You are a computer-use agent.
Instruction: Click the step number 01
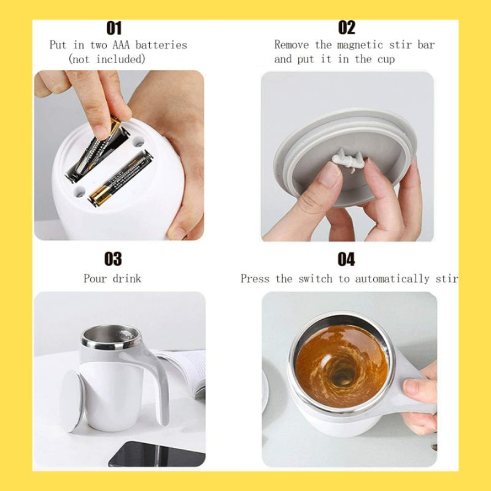114,28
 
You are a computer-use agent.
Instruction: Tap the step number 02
347,28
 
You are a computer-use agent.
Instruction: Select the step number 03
113,259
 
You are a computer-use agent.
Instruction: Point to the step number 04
346,259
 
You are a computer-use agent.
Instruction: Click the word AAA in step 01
121,45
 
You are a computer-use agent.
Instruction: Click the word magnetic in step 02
360,45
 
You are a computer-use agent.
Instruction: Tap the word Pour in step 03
95,279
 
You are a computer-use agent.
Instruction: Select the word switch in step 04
315,279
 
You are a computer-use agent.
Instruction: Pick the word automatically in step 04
392,279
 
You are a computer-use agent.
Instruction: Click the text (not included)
107,59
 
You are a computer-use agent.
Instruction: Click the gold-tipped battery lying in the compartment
120,179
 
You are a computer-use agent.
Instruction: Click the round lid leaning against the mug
72,401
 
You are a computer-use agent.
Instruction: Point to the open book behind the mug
185,373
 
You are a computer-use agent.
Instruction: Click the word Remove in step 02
292,45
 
